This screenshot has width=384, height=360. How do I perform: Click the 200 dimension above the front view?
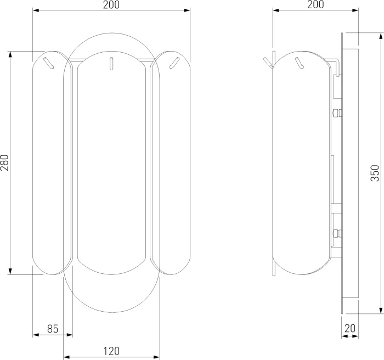pos(111,4)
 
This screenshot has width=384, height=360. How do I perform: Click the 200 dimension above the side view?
pos(315,4)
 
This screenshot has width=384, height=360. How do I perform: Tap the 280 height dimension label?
pos(4,162)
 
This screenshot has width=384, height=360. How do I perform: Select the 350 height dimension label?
pos(375,173)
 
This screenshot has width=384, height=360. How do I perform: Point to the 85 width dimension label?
pos(53,329)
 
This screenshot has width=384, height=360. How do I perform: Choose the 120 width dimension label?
pos(111,351)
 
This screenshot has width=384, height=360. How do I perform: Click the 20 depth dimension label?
pos(350,328)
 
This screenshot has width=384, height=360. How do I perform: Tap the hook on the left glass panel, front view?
pos(49,63)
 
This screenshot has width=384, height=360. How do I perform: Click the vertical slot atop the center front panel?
pos(111,64)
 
